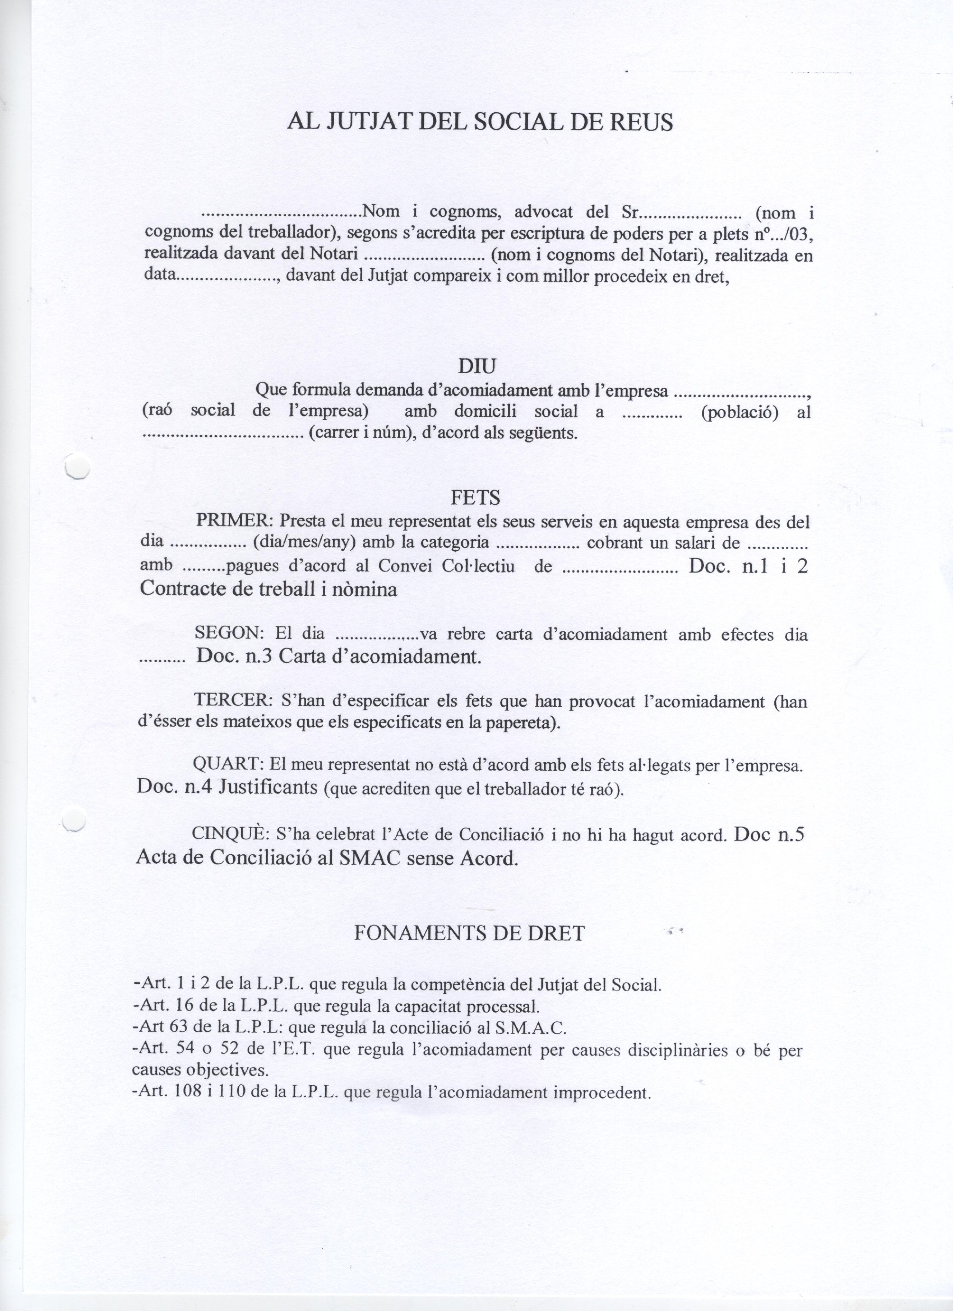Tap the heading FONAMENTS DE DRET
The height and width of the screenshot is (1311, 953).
(x=469, y=933)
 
